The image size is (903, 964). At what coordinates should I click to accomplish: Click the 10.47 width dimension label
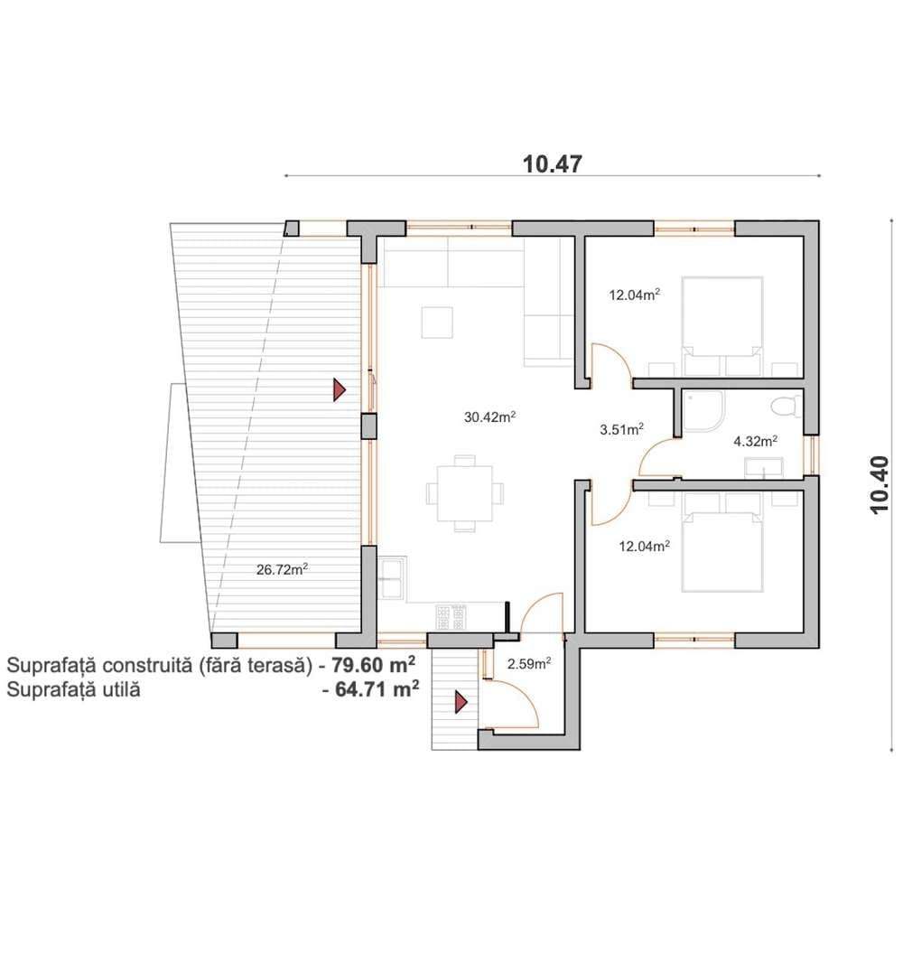point(553,164)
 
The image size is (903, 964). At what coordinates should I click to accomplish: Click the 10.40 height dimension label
point(879,484)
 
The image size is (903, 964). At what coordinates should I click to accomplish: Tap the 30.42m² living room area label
point(489,416)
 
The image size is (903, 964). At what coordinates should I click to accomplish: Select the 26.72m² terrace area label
point(282,569)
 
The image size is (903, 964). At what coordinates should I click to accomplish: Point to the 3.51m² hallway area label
point(621,429)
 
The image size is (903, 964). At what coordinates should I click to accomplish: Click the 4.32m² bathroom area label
point(756,441)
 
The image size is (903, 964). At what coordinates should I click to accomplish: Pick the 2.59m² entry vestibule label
point(529,663)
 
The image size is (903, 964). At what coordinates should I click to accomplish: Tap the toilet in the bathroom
point(786,407)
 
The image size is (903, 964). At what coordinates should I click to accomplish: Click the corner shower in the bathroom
point(704,410)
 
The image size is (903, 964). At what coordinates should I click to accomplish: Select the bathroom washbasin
point(764,467)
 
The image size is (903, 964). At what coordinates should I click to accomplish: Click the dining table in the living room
point(464,493)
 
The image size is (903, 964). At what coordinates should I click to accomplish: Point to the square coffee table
point(437,323)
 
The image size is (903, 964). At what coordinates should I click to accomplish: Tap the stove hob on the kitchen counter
point(451,617)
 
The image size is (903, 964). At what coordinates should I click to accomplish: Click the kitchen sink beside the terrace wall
point(393,578)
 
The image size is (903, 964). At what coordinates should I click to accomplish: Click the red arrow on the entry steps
point(461,701)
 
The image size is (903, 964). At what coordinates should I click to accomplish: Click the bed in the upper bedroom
point(722,326)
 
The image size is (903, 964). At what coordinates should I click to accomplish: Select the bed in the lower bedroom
point(722,542)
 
